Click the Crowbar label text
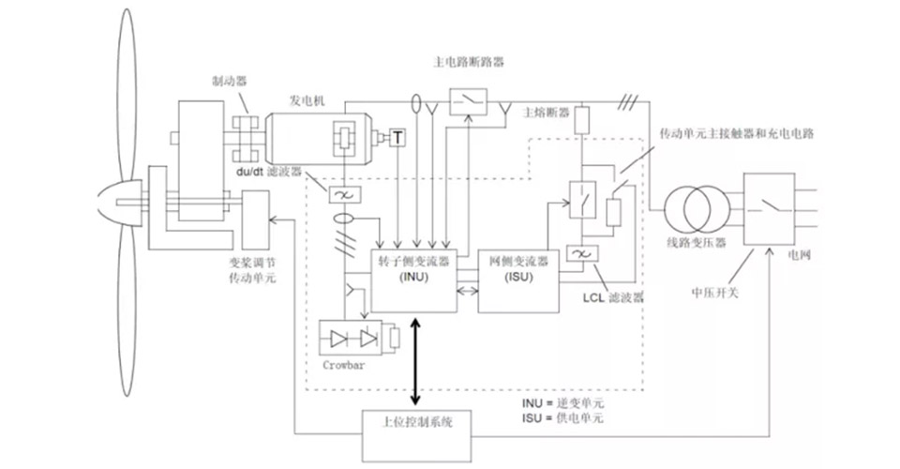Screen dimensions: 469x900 click(342, 365)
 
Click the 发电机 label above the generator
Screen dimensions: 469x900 click(307, 100)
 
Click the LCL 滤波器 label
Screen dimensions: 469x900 click(614, 296)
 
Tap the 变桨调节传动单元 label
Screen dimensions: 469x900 click(253, 272)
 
